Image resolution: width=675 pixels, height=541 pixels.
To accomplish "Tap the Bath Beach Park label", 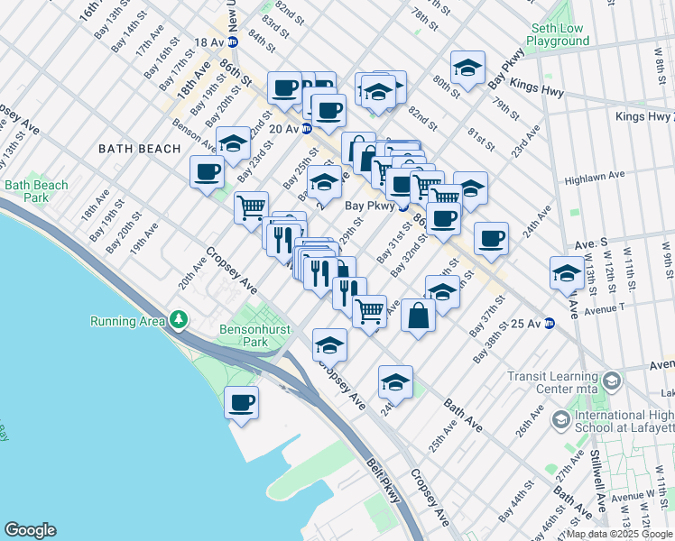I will pos(36,191).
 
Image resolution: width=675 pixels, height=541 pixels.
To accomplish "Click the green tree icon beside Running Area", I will pos(180,320).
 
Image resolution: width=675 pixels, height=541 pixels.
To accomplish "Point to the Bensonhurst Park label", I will pos(253,335).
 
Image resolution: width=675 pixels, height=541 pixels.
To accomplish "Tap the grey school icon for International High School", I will pos(560,420).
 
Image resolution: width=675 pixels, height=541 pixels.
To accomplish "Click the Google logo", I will pos(30,530).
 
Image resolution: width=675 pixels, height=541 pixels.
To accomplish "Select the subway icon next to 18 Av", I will pos(232,41).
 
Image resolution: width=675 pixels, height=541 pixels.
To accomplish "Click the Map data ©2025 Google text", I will pos(612,534).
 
